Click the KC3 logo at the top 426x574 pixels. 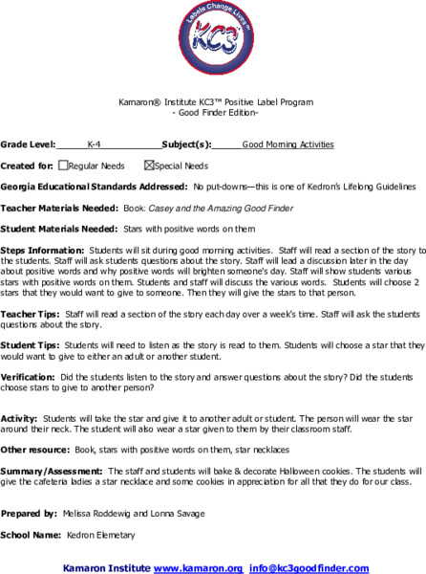(213, 44)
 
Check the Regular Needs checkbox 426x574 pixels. (63, 165)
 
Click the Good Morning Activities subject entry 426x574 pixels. (288, 145)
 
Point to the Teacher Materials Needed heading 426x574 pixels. (59, 208)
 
